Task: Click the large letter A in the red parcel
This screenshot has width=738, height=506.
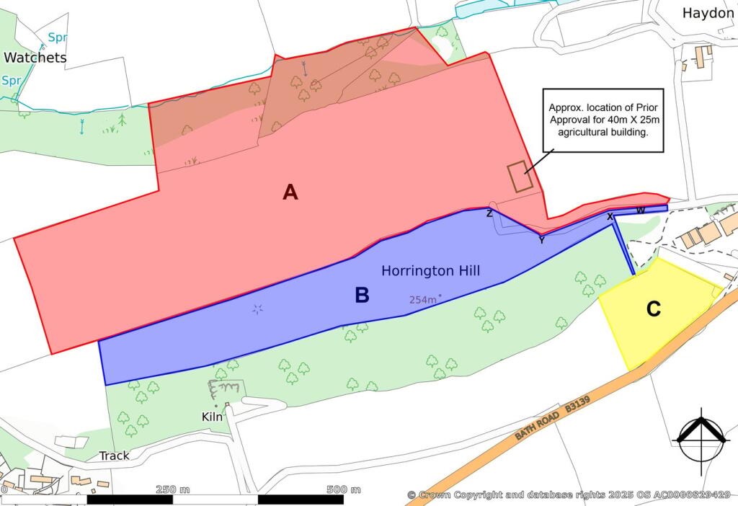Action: (290, 192)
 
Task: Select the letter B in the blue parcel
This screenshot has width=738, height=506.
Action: (362, 295)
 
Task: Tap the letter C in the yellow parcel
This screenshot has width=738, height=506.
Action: (653, 309)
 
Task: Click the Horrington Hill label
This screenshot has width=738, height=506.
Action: (430, 271)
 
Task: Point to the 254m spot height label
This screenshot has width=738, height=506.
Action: (424, 299)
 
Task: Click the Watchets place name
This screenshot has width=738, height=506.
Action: (35, 58)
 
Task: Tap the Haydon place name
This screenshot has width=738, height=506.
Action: (708, 13)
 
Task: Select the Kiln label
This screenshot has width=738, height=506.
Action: (212, 417)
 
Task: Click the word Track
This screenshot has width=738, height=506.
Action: (114, 456)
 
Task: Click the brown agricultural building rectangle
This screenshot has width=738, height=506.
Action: (520, 177)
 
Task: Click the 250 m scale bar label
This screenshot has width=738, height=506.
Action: (172, 489)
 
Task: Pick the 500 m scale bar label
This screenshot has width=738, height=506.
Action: (344, 489)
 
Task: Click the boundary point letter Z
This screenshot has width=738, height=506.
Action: (489, 213)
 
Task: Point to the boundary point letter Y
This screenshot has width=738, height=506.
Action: (541, 240)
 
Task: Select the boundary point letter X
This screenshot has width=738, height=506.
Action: (610, 216)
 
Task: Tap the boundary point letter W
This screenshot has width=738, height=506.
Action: (640, 210)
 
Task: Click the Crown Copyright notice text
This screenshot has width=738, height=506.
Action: (569, 494)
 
